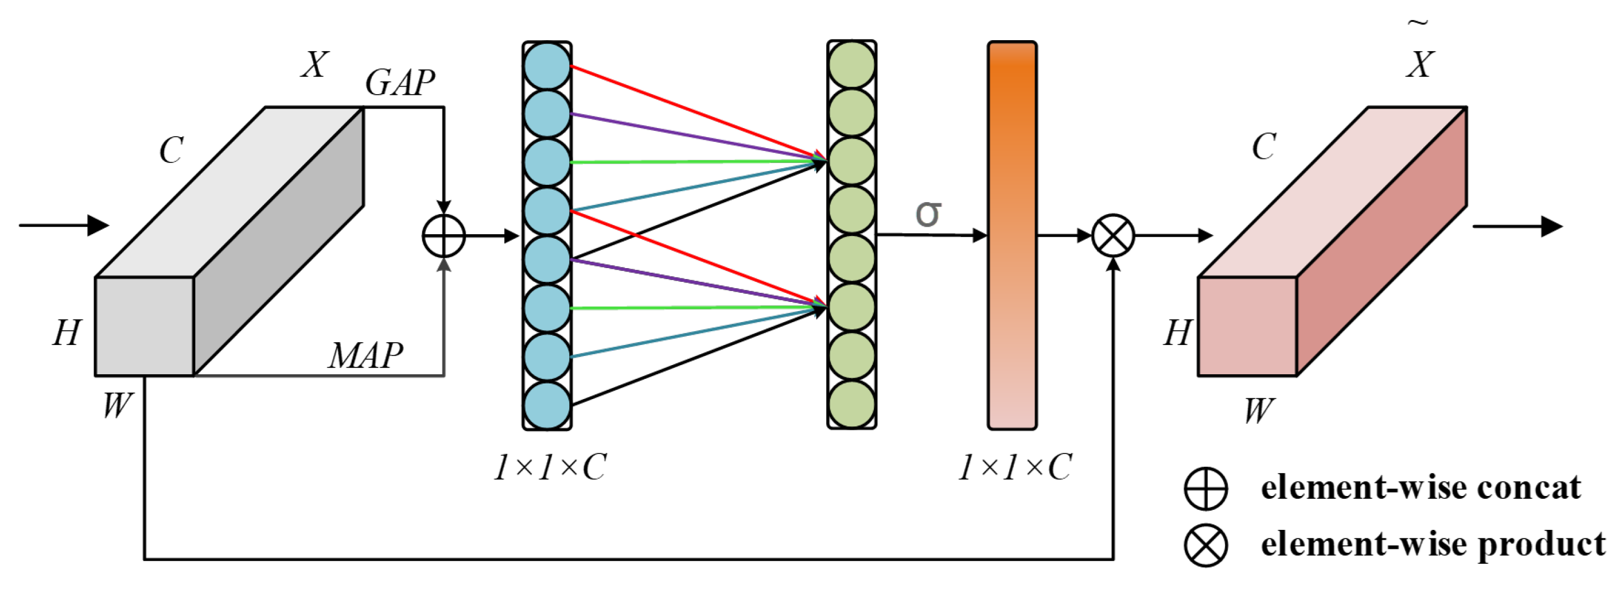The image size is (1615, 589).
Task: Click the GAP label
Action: [x=399, y=83]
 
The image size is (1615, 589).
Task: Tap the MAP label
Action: [x=365, y=356]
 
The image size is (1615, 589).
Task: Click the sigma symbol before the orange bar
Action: [x=928, y=214]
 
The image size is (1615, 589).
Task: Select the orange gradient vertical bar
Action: [x=1012, y=235]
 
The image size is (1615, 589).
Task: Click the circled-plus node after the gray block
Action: [x=443, y=236]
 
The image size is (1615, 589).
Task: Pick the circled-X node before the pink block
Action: [x=1113, y=236]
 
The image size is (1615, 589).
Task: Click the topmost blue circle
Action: [x=547, y=65]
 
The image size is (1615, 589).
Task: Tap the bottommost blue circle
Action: [x=547, y=405]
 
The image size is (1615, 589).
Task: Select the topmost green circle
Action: [x=851, y=65]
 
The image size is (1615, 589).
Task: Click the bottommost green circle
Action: [x=851, y=405]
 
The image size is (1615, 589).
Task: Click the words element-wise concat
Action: [x=1421, y=488]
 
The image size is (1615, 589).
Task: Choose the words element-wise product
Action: [x=1433, y=544]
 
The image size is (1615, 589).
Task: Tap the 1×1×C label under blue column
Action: [x=550, y=467]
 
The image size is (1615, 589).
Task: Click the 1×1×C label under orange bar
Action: [x=1015, y=467]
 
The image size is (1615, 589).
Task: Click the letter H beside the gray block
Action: [x=67, y=332]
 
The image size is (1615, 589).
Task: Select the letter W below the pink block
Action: [x=1259, y=411]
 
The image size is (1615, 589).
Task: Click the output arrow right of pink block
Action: [x=1517, y=226]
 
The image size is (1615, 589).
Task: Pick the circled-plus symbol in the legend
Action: [x=1205, y=488]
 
